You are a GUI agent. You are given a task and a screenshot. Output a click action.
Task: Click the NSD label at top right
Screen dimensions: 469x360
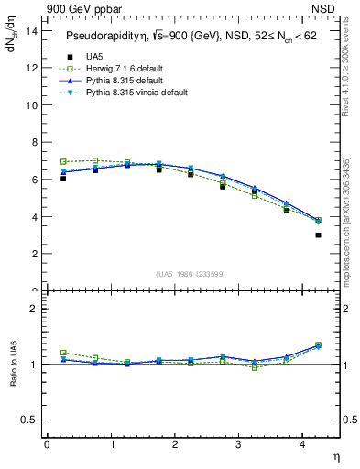pyautogui.click(x=324, y=8)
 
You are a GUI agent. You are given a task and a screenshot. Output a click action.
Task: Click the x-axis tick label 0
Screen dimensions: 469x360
pyautogui.click(x=47, y=444)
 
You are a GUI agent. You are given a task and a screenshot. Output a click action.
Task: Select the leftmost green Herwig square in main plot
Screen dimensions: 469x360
pyautogui.click(x=63, y=162)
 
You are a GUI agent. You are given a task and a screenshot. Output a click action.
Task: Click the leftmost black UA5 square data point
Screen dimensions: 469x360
pyautogui.click(x=63, y=179)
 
